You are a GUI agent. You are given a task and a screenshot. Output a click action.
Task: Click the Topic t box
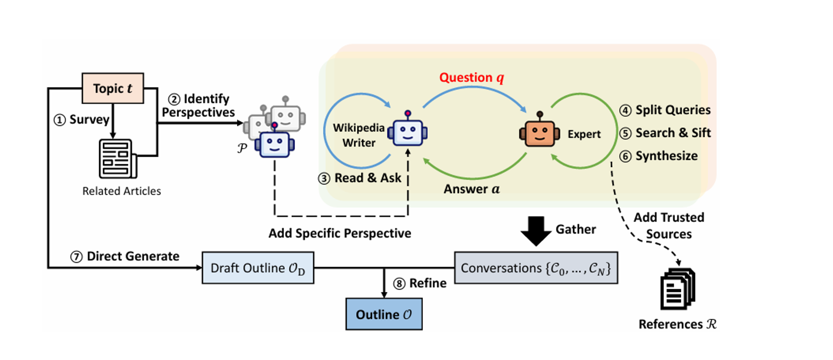point(113,88)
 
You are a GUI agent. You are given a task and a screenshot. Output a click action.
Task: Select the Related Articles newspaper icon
point(118,159)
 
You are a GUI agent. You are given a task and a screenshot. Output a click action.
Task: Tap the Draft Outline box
point(258,268)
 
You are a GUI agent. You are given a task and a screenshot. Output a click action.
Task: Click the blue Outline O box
point(383,314)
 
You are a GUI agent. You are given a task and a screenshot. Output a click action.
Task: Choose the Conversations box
point(536,268)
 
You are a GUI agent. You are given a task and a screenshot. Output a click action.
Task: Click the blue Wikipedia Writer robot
point(408,131)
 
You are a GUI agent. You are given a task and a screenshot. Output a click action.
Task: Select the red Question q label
point(472,77)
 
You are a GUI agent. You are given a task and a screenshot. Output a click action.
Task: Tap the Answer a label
point(472,189)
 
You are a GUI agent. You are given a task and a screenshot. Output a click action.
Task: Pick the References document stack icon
point(677,289)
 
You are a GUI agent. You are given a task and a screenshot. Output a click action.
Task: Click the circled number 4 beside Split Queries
point(625,110)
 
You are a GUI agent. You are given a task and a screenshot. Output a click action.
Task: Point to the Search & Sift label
point(673,133)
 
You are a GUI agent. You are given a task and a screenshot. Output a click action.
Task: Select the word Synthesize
point(667,156)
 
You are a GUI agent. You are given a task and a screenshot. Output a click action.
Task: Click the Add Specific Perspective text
point(339,233)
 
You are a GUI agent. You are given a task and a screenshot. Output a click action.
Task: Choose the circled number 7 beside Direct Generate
point(76,257)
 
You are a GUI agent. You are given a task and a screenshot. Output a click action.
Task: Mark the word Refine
point(428,283)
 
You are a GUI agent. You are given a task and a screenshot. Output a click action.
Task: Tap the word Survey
point(89,119)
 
